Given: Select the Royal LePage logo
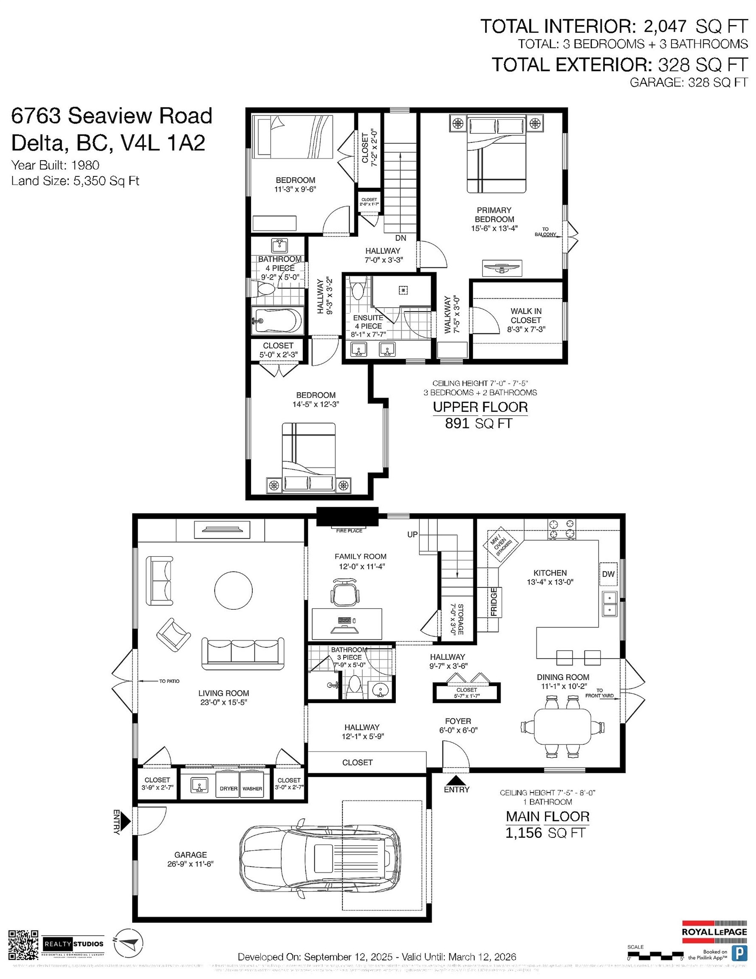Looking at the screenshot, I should [x=714, y=931].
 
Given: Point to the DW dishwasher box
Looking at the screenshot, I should [x=608, y=574].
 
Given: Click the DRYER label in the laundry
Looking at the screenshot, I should [x=228, y=789].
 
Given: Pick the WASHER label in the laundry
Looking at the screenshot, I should [x=252, y=789].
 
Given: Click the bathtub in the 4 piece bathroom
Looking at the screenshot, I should [x=276, y=321].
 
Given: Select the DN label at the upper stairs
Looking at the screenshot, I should [x=401, y=238].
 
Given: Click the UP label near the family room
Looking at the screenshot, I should [x=412, y=534].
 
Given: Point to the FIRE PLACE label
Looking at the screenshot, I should [x=349, y=531].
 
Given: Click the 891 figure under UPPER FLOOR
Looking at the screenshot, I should [x=457, y=423].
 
